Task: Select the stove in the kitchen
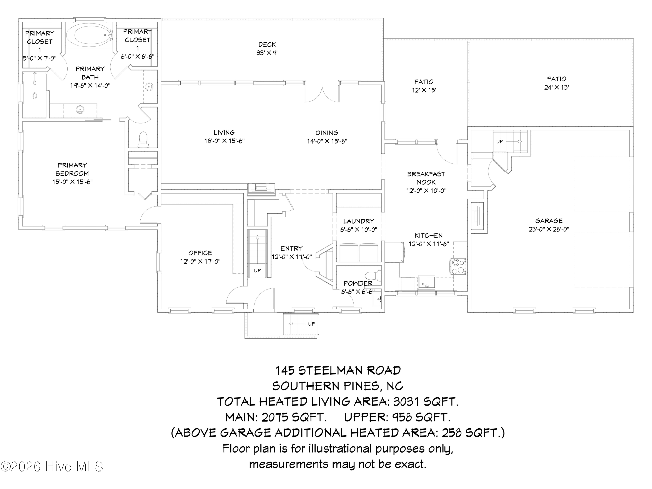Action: coord(458,266)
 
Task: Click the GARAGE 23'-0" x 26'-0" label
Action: coord(549,225)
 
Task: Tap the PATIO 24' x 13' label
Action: coord(557,83)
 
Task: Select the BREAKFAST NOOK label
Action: coord(426,178)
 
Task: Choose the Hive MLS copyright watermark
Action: coord(52,467)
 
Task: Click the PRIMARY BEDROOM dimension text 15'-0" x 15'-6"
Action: coord(73,182)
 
